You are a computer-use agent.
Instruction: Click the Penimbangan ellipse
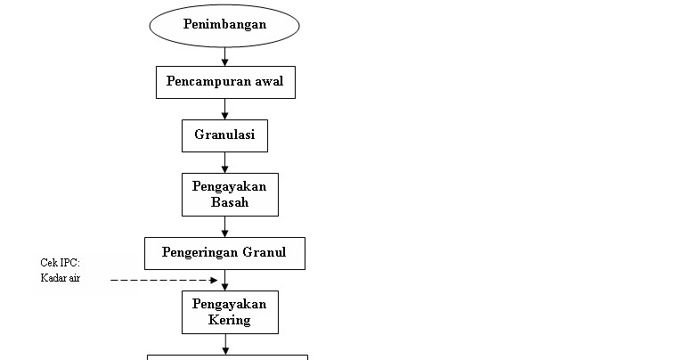[224, 26]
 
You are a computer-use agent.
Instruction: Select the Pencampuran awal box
[225, 83]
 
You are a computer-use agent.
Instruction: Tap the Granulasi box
[224, 135]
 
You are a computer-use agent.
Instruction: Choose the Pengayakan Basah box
[230, 194]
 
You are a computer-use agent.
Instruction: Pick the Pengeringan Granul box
[224, 254]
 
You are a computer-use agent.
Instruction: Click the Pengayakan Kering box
[230, 313]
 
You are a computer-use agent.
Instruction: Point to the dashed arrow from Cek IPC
[164, 280]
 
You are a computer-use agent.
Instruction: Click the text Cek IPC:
[61, 263]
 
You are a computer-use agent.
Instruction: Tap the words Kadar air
[61, 278]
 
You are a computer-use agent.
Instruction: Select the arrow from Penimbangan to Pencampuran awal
[224, 57]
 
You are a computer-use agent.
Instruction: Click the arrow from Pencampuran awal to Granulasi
[224, 109]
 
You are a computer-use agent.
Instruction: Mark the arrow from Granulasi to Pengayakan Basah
[224, 162]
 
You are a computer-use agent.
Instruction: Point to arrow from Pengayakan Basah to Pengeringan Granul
[224, 226]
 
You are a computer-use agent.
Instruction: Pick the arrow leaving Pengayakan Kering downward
[225, 344]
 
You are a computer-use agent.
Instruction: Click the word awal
[269, 81]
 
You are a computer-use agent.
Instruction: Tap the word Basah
[230, 202]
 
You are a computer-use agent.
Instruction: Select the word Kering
[230, 320]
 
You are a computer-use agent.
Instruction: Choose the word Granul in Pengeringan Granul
[265, 252]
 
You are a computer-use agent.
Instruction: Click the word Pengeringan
[200, 253]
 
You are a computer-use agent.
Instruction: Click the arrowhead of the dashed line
[214, 280]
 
